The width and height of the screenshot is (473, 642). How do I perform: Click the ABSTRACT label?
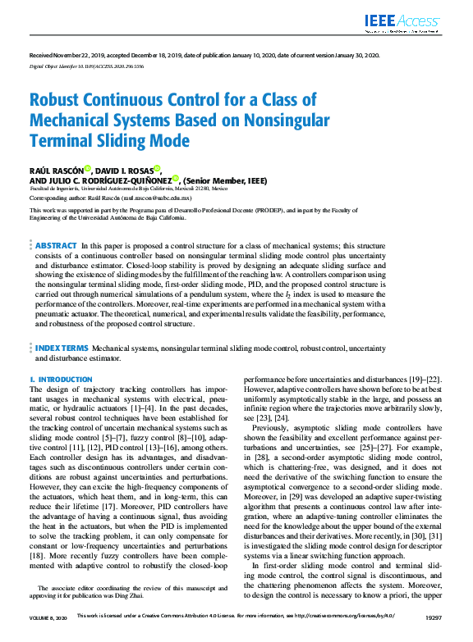(x=57, y=246)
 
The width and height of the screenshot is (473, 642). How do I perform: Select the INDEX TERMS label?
(x=62, y=348)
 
